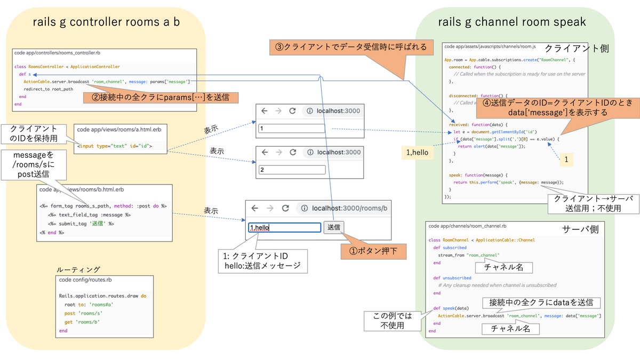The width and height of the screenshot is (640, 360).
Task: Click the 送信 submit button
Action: click(334, 227)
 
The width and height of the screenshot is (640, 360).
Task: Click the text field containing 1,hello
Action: click(284, 228)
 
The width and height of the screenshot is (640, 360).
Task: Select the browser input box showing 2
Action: click(292, 170)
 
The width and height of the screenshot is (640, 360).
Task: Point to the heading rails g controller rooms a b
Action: click(105, 22)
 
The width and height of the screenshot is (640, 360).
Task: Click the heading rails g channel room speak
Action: click(511, 22)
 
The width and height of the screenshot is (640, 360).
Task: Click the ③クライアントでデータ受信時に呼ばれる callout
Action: click(351, 47)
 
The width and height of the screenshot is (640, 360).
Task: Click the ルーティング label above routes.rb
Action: click(78, 269)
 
